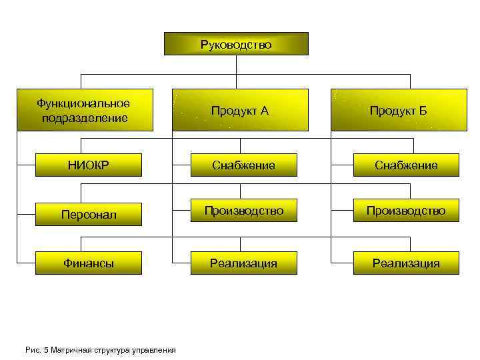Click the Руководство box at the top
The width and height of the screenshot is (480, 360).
(x=236, y=44)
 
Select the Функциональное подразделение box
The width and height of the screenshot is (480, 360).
(x=84, y=110)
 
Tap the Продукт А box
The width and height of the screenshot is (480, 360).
(x=240, y=110)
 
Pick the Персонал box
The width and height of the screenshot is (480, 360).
(x=89, y=215)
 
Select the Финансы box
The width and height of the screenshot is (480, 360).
(x=89, y=263)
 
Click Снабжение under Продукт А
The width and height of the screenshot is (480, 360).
(x=243, y=165)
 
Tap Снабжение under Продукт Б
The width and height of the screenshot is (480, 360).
(x=406, y=165)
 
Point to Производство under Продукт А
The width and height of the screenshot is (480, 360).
(x=243, y=211)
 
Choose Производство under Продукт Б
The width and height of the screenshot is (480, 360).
(x=406, y=211)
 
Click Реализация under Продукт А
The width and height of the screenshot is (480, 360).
(x=243, y=263)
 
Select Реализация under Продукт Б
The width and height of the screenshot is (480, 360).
(x=406, y=263)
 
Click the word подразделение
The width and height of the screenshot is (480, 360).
(x=84, y=118)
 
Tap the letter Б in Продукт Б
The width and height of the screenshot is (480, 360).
(x=423, y=111)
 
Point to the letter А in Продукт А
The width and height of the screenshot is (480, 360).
(x=265, y=111)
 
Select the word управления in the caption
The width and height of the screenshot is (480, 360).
(x=155, y=349)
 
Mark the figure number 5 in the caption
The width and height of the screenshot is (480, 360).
(x=42, y=349)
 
